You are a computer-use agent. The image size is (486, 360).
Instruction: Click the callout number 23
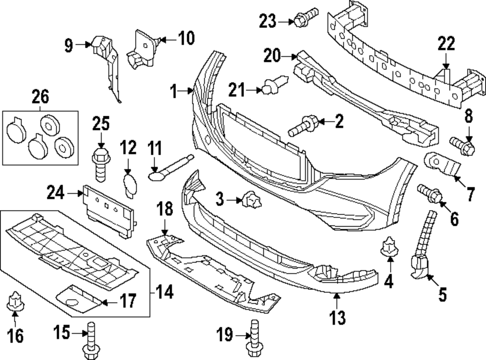(x=267, y=21)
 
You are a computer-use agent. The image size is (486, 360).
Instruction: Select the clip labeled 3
(x=250, y=199)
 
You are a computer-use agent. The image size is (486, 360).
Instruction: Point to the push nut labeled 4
(x=389, y=247)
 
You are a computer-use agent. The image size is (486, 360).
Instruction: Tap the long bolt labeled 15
(x=90, y=340)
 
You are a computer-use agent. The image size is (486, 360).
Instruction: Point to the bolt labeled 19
(x=253, y=337)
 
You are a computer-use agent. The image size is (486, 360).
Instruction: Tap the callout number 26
(x=40, y=97)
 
